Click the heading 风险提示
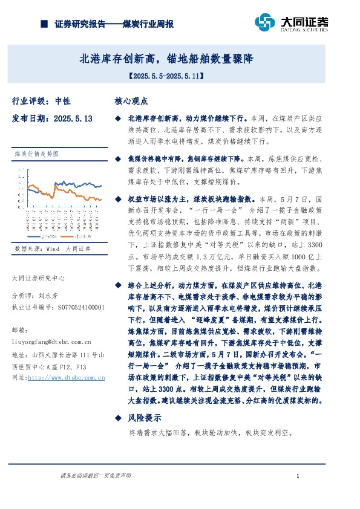pos(144,418)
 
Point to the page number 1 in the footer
pos(290,476)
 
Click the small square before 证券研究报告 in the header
pos(44,25)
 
